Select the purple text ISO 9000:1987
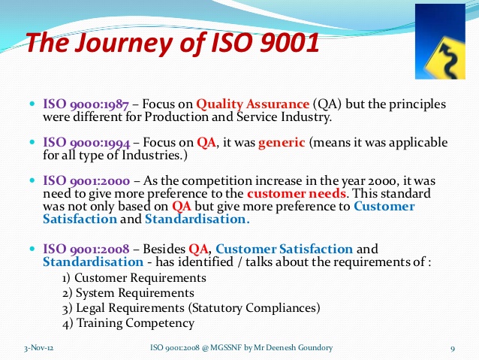click(x=87, y=104)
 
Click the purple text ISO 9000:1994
click(x=87, y=142)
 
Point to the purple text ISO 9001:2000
click(x=87, y=181)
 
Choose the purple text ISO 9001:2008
click(x=87, y=248)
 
